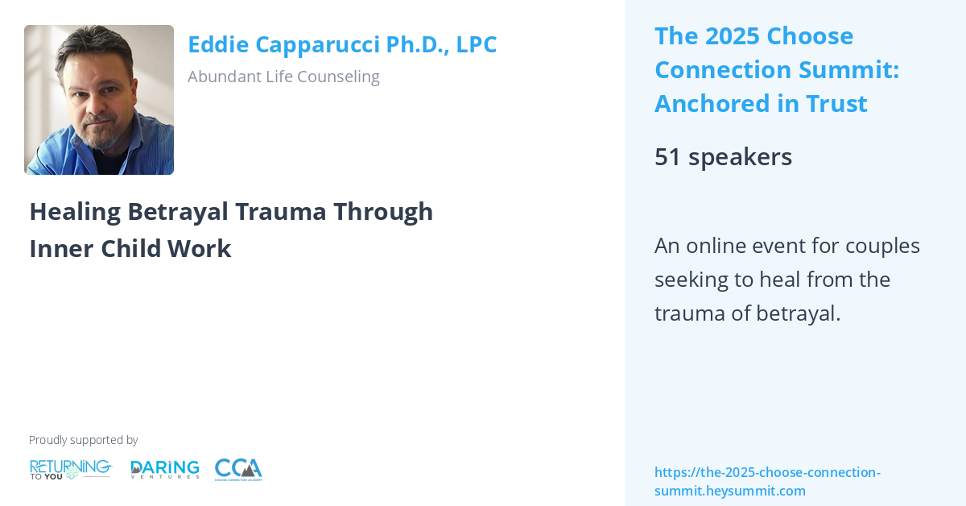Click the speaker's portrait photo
[99, 100]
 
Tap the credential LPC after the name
[477, 44]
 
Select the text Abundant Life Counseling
[283, 77]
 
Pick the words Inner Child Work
[130, 248]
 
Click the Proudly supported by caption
[83, 440]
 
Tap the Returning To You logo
[71, 469]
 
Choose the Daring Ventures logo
[164, 469]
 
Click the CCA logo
[238, 469]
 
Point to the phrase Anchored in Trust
[760, 104]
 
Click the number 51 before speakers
[667, 156]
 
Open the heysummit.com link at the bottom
[766, 481]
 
